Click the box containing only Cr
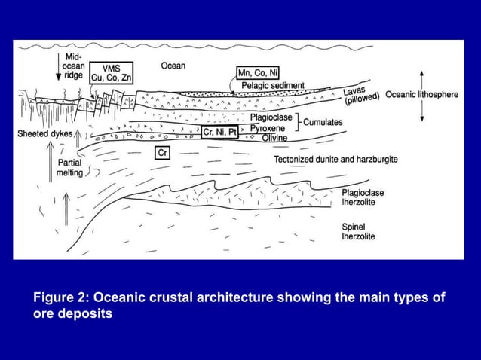161,153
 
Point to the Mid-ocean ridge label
74,66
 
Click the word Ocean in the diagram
174,66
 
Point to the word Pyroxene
269,128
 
